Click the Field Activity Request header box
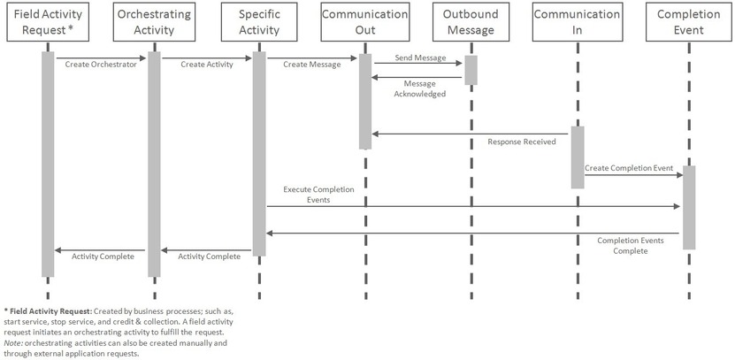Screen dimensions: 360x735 coord(48,22)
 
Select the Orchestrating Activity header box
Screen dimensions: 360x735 coord(154,22)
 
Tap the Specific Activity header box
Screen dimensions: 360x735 coord(259,22)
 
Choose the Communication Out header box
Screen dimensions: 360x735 coord(365,22)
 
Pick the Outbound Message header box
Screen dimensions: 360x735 coord(471,22)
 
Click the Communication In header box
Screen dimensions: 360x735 coord(577,22)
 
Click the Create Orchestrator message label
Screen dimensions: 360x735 coord(101,65)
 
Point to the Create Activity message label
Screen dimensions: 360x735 coord(206,65)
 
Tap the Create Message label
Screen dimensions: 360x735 coord(311,65)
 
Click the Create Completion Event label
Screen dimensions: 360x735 coord(629,167)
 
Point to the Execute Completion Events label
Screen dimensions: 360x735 coord(318,195)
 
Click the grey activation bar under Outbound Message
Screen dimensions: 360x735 coord(471,70)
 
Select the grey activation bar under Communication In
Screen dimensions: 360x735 coord(577,157)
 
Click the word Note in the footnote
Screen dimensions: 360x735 coord(14,342)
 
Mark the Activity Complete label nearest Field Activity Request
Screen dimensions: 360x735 coord(103,257)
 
